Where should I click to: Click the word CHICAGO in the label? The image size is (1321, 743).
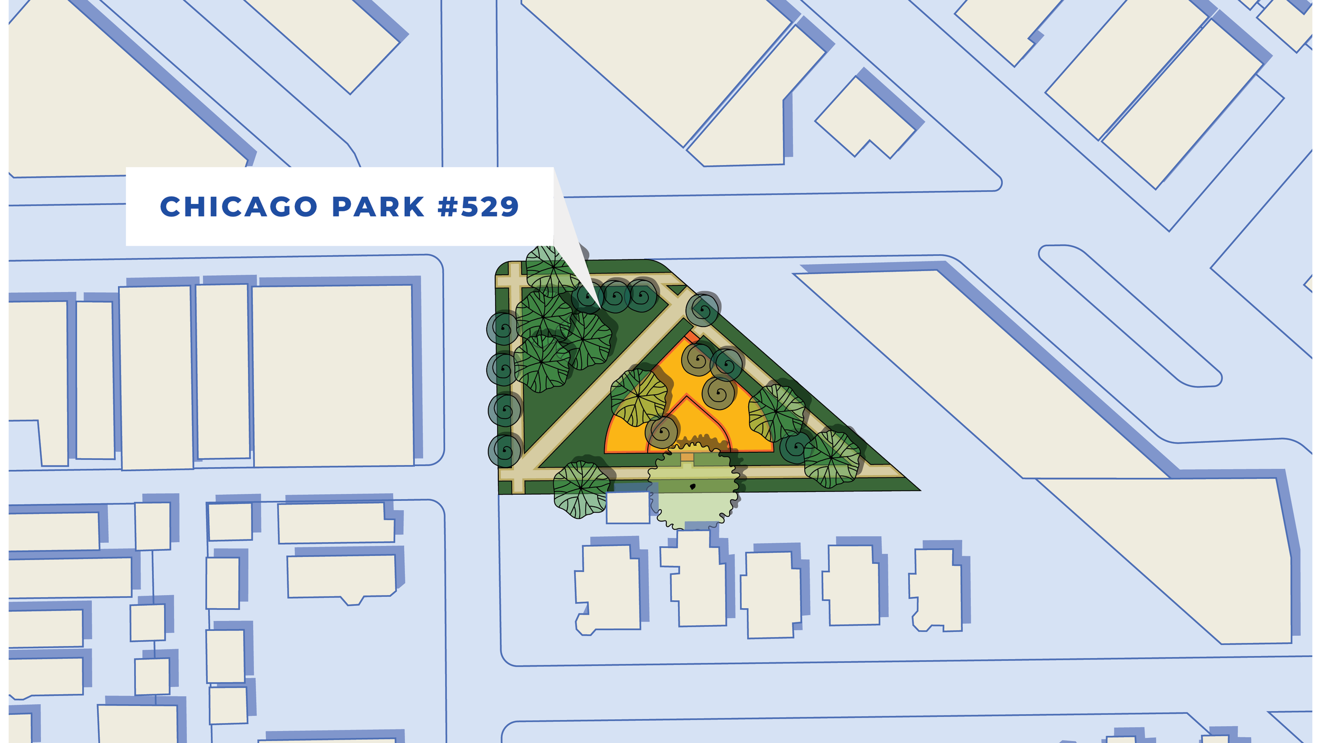click(x=238, y=207)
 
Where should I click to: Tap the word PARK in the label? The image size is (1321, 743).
click(x=378, y=207)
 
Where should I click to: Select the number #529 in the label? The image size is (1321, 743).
click(x=479, y=207)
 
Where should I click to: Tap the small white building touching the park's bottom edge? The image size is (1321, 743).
click(x=628, y=507)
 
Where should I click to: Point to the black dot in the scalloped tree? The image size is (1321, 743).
click(x=693, y=487)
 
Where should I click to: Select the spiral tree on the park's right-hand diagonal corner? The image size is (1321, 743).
click(x=703, y=309)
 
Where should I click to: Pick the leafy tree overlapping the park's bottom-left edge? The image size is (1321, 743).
click(x=581, y=489)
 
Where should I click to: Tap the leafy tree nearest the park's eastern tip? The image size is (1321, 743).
click(x=831, y=458)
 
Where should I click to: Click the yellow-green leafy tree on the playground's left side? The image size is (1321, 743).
click(x=639, y=397)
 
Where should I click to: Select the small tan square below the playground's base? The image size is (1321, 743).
click(x=687, y=457)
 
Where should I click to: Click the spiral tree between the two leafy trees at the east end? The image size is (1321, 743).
click(x=795, y=447)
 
